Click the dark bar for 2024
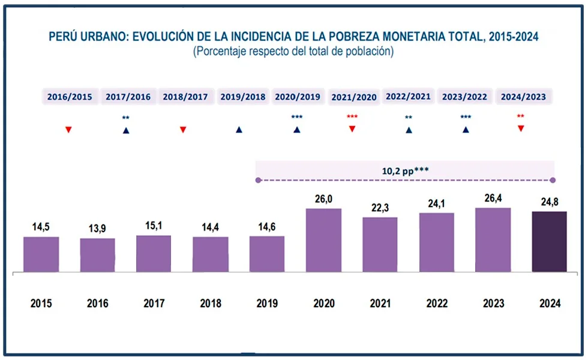pyautogui.click(x=549, y=241)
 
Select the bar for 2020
pyautogui.click(x=323, y=240)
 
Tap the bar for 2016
pyautogui.click(x=97, y=255)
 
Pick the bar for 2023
pyautogui.click(x=493, y=240)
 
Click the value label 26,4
pyautogui.click(x=493, y=199)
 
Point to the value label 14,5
pyautogui.click(x=41, y=227)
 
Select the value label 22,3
pyautogui.click(x=380, y=208)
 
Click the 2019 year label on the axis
pyautogui.click(x=267, y=304)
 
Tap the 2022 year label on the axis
pyautogui.click(x=437, y=304)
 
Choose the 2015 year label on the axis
pyautogui.click(x=41, y=304)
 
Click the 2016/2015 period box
pyautogui.click(x=70, y=97)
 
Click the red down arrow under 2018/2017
pyautogui.click(x=183, y=130)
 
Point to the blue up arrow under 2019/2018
pyautogui.click(x=239, y=130)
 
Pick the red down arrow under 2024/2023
pyautogui.click(x=521, y=128)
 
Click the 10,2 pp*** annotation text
pyautogui.click(x=405, y=170)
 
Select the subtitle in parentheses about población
pyautogui.click(x=293, y=52)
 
